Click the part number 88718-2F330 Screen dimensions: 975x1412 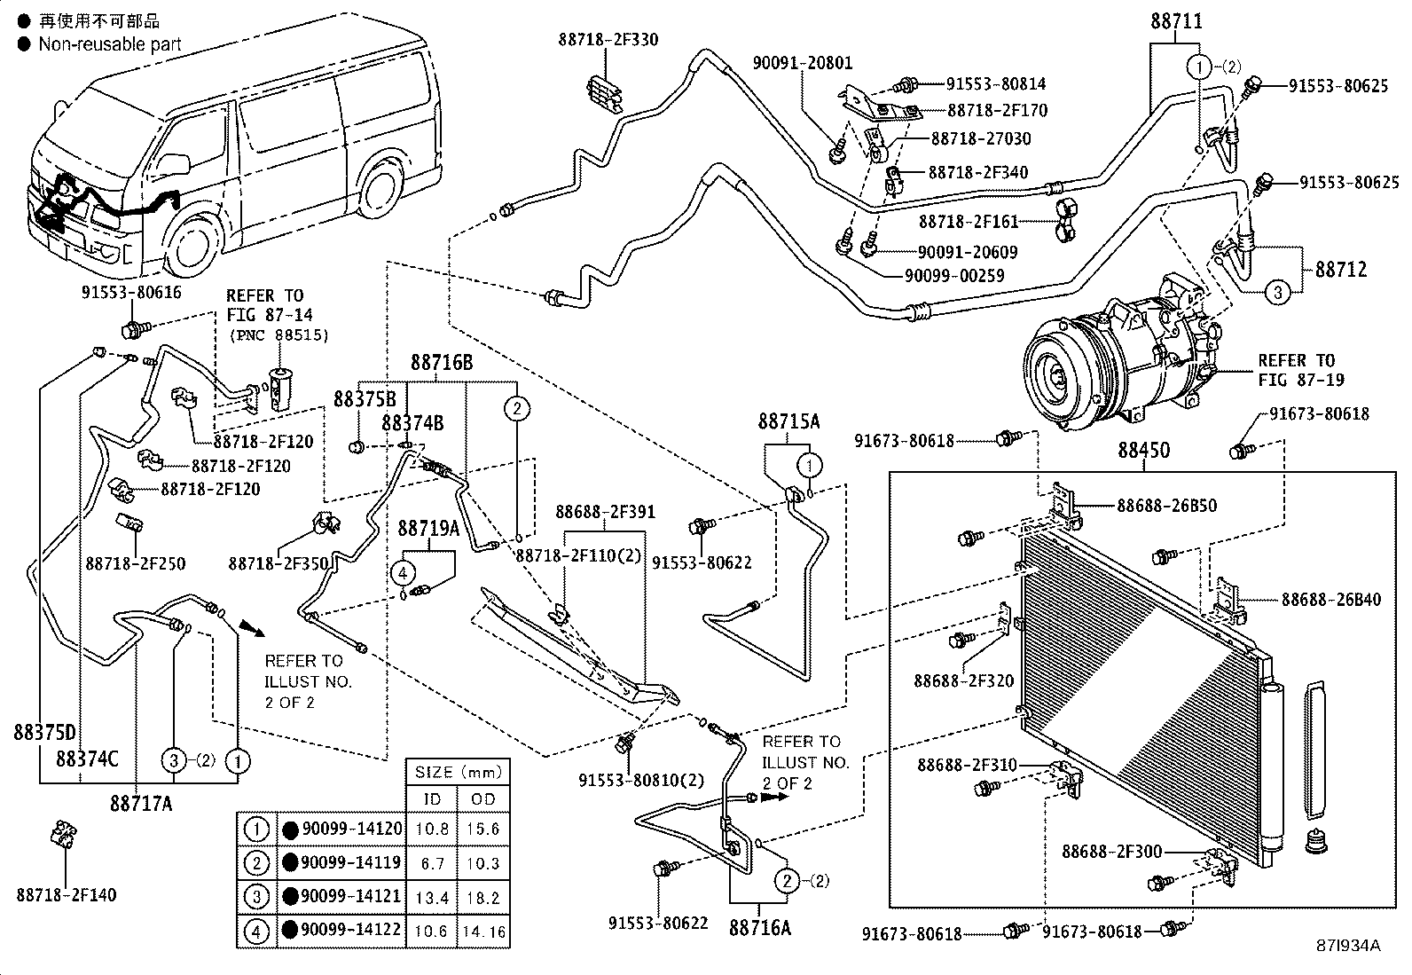click(x=608, y=40)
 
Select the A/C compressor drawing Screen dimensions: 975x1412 click(x=1118, y=355)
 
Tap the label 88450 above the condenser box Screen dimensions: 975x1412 click(x=1143, y=451)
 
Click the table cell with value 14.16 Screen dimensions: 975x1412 click(x=483, y=932)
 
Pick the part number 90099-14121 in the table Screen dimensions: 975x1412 click(x=351, y=897)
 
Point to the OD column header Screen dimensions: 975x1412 click(x=483, y=799)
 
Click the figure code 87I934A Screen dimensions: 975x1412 click(x=1348, y=946)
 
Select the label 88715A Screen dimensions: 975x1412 click(x=788, y=421)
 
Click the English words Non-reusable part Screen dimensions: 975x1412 click(x=109, y=44)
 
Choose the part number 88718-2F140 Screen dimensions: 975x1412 click(x=66, y=896)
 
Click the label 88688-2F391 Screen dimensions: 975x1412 click(x=605, y=512)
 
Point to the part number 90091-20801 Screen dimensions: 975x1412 click(x=802, y=63)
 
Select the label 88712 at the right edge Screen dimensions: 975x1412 click(x=1340, y=269)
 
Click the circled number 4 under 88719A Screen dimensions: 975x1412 click(x=404, y=572)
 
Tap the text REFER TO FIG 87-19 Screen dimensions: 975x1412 click(x=1299, y=370)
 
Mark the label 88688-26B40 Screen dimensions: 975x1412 click(x=1330, y=601)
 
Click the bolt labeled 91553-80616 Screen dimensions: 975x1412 click(x=133, y=331)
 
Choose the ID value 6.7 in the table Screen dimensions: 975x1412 click(x=432, y=863)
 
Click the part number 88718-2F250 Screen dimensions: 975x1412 click(x=136, y=563)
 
